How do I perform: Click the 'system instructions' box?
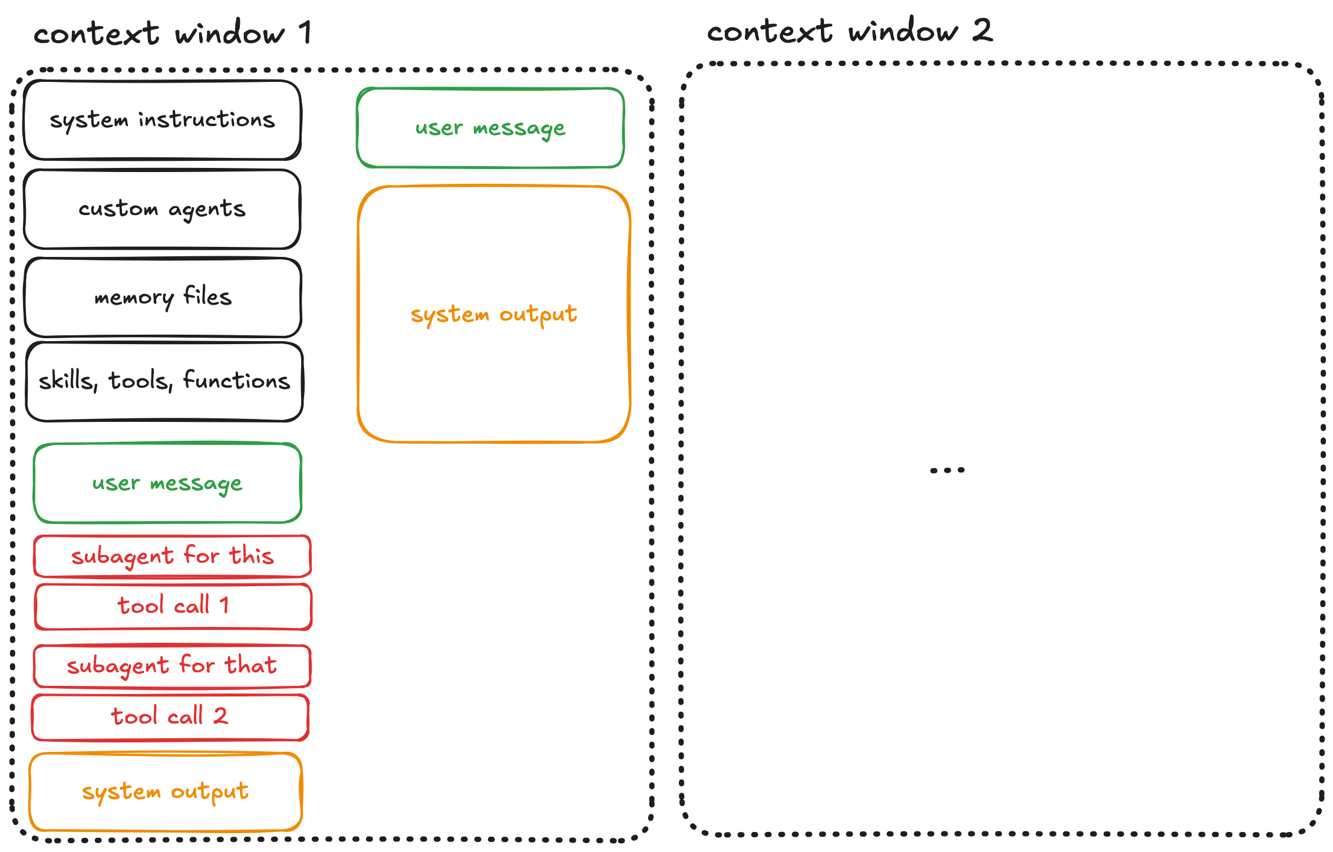click(162, 120)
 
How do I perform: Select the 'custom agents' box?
click(162, 209)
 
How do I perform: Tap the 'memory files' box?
click(163, 297)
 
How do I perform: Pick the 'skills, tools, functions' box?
click(164, 381)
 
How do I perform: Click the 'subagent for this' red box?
click(172, 556)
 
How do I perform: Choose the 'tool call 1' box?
click(173, 606)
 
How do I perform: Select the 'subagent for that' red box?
click(171, 666)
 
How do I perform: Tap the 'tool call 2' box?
click(170, 717)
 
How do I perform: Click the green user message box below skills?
click(167, 483)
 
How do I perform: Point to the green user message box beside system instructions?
click(490, 128)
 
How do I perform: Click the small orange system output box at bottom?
click(165, 791)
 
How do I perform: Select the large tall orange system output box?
click(494, 314)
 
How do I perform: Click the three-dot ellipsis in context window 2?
click(947, 470)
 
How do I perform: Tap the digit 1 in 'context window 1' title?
click(305, 32)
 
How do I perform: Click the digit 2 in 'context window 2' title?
click(982, 30)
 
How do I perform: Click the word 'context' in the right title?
click(769, 31)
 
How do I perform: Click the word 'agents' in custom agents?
click(207, 209)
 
